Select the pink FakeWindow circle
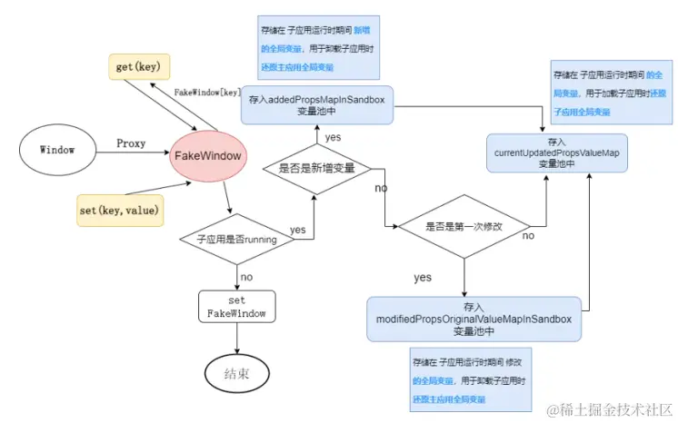pos(208,155)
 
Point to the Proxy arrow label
pos(132,143)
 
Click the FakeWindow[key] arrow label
pos(207,93)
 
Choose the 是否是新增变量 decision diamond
pos(317,168)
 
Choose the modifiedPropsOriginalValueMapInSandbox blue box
pos(474,320)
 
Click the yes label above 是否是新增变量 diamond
pos(333,135)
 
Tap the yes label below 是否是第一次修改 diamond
pos(423,277)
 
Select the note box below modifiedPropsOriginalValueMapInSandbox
pos(467,379)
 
